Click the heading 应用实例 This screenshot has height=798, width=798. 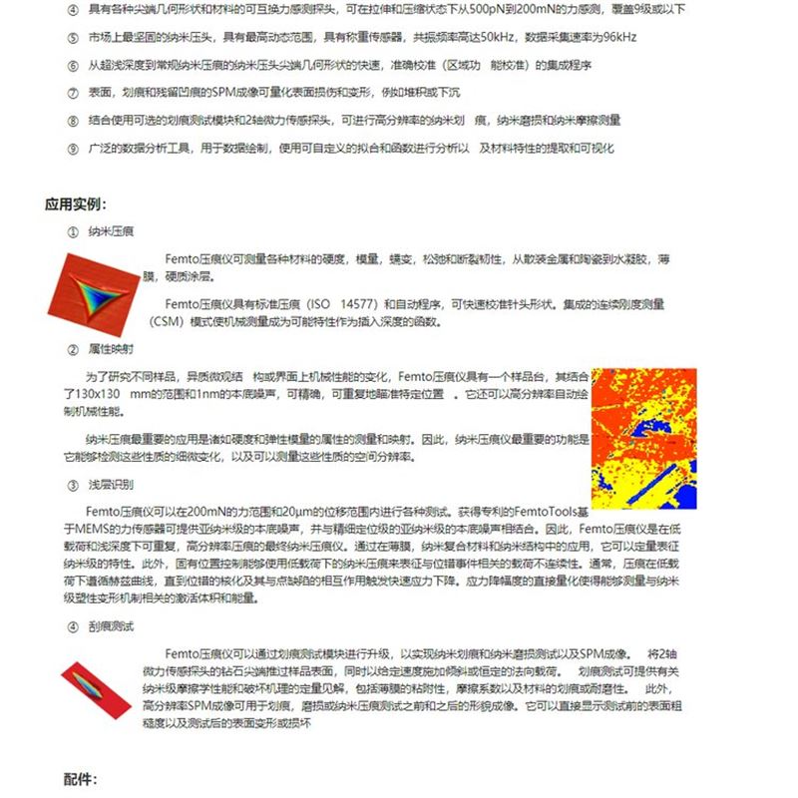click(75, 204)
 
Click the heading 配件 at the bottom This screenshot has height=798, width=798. click(82, 779)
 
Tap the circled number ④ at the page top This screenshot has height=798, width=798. click(72, 9)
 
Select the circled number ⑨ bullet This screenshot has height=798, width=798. click(72, 149)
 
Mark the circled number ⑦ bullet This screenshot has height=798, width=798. click(72, 93)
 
